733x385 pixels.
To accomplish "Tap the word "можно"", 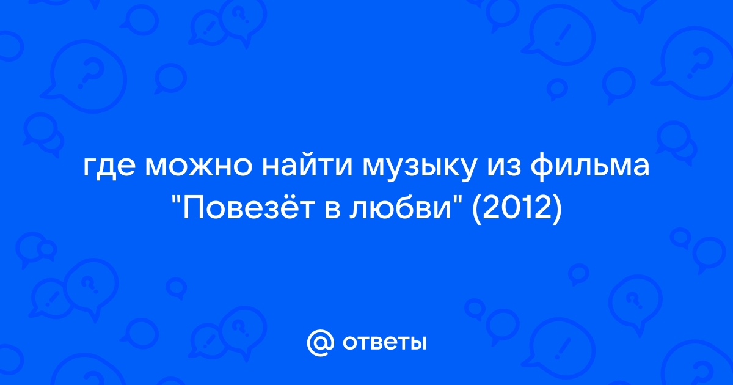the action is [x=199, y=167].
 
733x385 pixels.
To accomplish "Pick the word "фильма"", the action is [x=590, y=166].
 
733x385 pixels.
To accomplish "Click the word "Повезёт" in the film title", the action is [x=249, y=208].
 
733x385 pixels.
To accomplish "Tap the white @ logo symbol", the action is [x=320, y=343].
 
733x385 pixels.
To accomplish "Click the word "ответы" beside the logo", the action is [x=384, y=343].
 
